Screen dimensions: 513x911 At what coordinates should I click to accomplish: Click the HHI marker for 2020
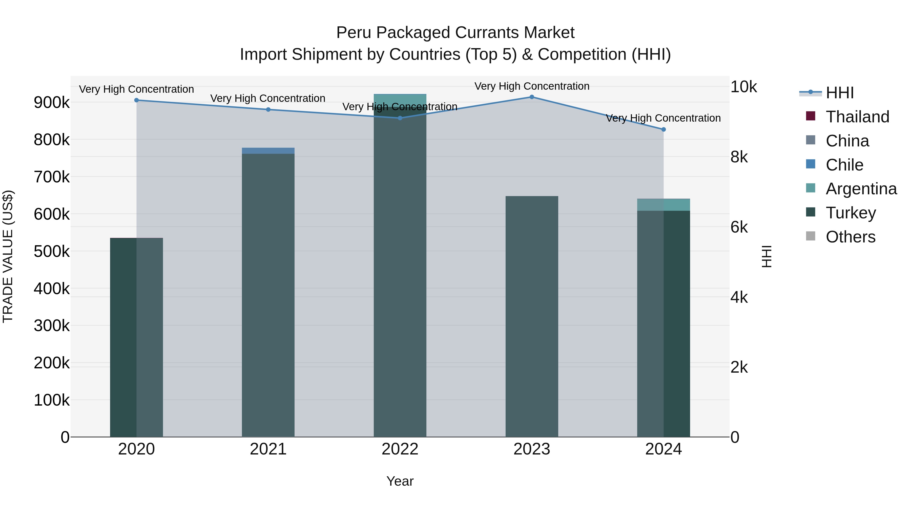coord(136,100)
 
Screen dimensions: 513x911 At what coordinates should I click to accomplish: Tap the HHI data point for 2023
coord(531,97)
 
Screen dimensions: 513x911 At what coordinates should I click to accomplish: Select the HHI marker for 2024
coord(664,129)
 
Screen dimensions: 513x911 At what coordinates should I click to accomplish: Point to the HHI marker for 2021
coord(268,110)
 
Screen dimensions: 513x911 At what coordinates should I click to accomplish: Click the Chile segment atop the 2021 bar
coord(268,151)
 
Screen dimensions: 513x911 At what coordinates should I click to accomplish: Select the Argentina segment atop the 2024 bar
coord(664,205)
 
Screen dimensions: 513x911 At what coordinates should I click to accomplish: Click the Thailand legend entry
coord(857,117)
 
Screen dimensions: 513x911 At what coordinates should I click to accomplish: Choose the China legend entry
coord(847,141)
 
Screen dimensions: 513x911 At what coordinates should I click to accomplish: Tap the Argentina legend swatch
coord(811,188)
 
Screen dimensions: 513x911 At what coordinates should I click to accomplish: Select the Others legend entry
coord(850,237)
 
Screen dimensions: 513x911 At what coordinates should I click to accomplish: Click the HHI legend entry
coord(840,93)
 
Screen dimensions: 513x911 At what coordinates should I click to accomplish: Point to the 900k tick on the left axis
coord(52,103)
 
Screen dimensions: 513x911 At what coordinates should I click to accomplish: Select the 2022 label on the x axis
coord(400,449)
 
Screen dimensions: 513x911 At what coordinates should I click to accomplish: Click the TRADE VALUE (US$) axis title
coord(8,256)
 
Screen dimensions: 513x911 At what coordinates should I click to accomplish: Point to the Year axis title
coord(400,481)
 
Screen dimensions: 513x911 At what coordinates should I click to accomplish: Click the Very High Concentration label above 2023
coord(531,86)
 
